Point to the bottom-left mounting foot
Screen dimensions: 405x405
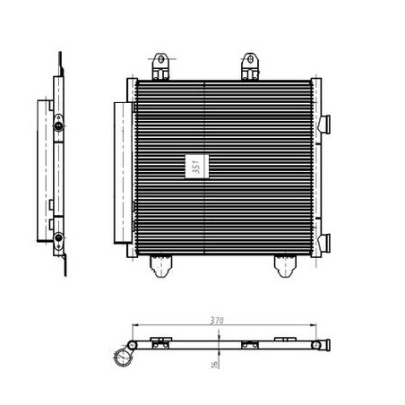pyautogui.click(x=161, y=263)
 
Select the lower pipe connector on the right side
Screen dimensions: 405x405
pyautogui.click(x=326, y=242)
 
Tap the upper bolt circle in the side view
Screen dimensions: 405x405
pyautogui.click(x=58, y=124)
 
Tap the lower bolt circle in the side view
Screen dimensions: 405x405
pyautogui.click(x=58, y=238)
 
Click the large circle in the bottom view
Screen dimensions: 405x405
pyautogui.click(x=123, y=359)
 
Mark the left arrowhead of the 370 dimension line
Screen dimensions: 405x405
pyautogui.click(x=135, y=325)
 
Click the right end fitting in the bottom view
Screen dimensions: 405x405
pyautogui.click(x=319, y=344)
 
